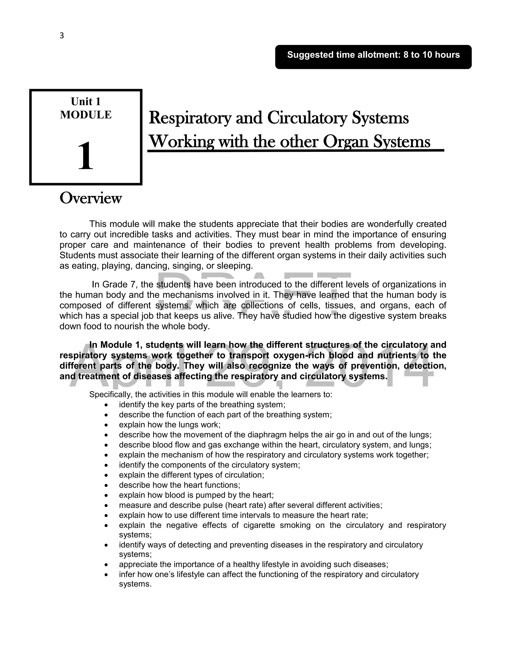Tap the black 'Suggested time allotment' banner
(x=373, y=57)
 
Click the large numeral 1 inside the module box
(x=85, y=156)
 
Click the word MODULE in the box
(x=86, y=115)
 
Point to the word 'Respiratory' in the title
(x=190, y=118)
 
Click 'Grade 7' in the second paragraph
(x=119, y=284)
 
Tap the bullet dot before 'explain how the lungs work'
(x=106, y=425)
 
